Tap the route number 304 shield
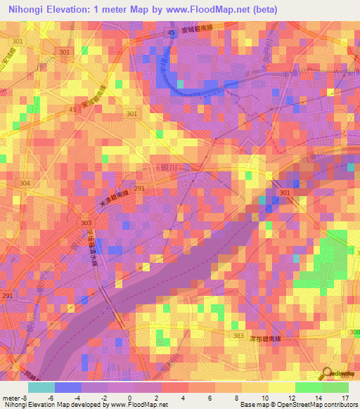[25, 183]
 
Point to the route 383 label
[238, 337]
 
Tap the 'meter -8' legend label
[15, 398]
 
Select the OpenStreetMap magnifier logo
[328, 372]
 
